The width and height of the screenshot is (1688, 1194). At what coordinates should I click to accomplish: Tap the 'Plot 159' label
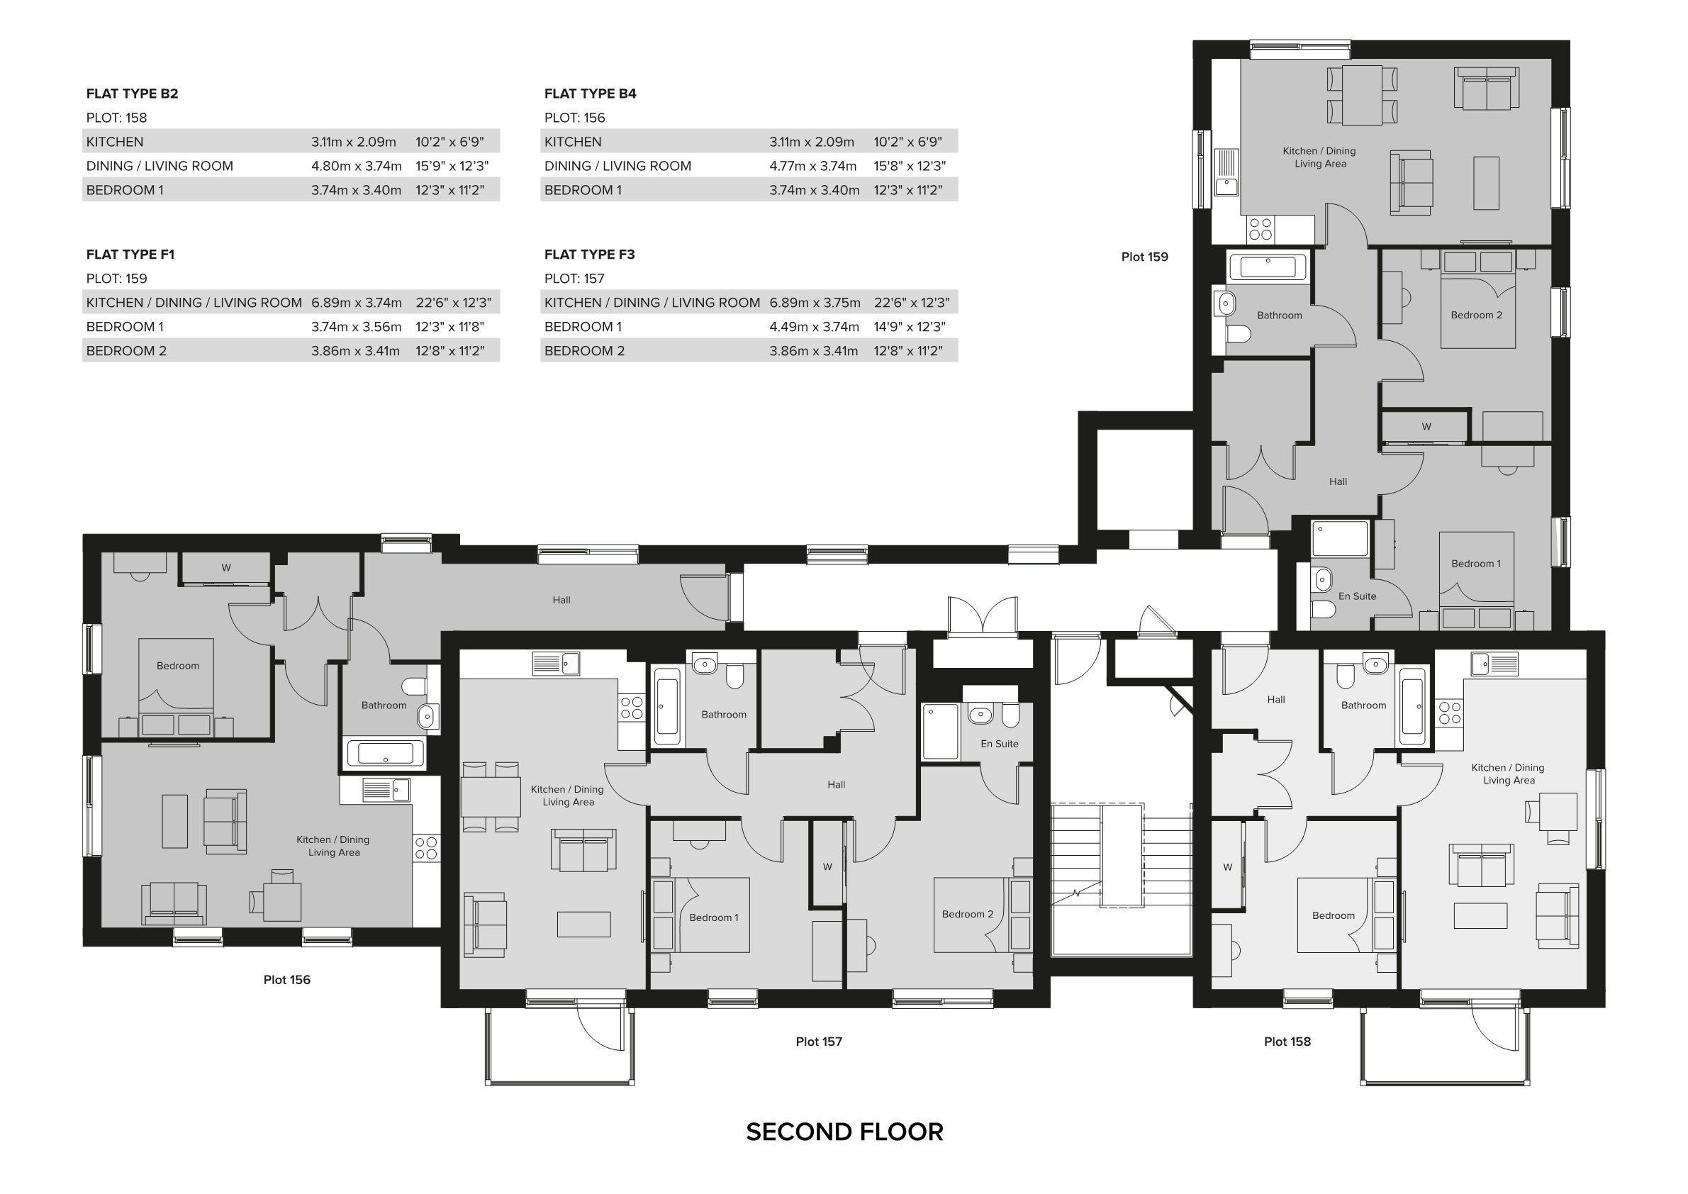[x=1144, y=257]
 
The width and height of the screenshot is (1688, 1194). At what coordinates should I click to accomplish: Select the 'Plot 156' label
[x=286, y=979]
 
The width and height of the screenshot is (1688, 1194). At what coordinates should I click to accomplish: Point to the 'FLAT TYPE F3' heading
[x=589, y=255]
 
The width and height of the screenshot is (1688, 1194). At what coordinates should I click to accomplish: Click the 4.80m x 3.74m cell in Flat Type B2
[x=356, y=166]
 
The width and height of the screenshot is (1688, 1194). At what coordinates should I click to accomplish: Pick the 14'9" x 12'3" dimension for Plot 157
[x=910, y=326]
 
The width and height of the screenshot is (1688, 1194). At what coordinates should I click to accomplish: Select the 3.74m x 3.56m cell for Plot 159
[x=356, y=326]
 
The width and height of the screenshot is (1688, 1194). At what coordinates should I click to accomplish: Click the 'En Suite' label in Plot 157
[x=999, y=743]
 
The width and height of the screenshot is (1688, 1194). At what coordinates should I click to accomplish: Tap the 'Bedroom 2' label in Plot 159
[x=1475, y=315]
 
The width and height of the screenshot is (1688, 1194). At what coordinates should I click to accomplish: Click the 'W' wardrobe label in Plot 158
[x=1227, y=867]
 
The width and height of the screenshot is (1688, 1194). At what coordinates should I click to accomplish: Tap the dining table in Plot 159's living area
[x=1362, y=96]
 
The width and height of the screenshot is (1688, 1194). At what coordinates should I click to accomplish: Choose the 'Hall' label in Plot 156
[x=561, y=600]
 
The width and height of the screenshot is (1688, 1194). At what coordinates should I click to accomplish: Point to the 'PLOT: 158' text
[x=116, y=118]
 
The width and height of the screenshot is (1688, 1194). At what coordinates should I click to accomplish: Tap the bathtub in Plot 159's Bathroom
[x=1267, y=266]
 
